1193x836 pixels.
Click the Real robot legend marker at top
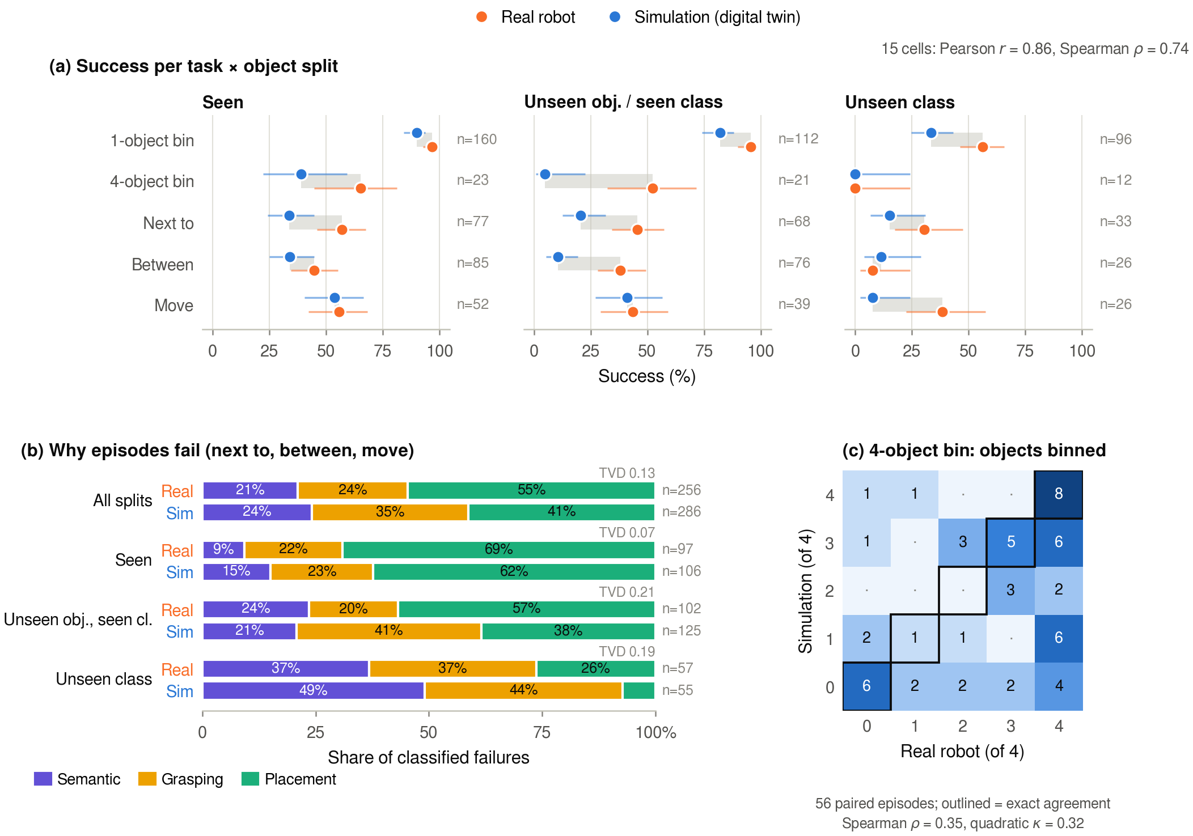coord(481,17)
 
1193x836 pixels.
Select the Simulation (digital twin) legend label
coord(717,17)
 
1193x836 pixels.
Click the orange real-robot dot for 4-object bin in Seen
coord(361,188)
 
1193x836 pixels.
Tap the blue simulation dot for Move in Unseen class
coord(873,298)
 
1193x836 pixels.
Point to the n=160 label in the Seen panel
coord(477,139)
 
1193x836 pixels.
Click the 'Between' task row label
coord(163,265)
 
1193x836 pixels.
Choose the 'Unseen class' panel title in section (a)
coord(900,102)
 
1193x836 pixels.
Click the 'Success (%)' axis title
coord(647,376)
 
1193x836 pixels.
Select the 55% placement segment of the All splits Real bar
coord(531,490)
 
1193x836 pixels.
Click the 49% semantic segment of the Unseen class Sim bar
coord(314,690)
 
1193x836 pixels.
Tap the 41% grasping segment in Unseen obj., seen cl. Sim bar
coord(389,631)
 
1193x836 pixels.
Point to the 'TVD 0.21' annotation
coord(627,592)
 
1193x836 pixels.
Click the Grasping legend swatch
coord(147,779)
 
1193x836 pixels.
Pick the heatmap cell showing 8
coord(1059,494)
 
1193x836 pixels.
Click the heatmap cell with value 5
coord(1010,542)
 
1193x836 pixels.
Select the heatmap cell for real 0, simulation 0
coord(866,686)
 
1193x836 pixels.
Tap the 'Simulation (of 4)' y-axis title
coord(806,591)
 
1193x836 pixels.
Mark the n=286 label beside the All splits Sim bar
coord(682,512)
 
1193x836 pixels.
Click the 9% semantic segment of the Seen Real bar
coord(223,550)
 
